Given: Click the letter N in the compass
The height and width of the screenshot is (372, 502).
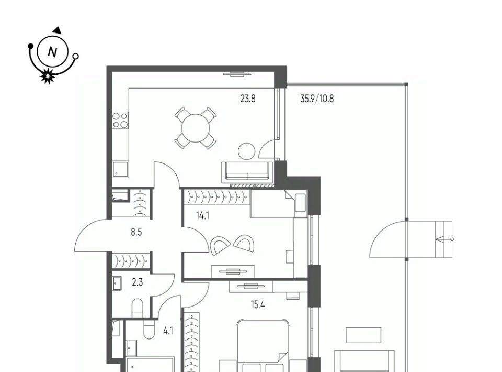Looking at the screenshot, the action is coord(52,52).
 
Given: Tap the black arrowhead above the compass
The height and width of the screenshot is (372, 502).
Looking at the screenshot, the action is coord(58,30).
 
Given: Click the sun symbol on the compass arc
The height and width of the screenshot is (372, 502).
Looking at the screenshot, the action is coord(48,76).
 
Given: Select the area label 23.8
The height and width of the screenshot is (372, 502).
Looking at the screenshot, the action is coord(248,99).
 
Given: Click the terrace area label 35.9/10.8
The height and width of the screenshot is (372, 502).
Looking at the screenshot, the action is coord(317,99).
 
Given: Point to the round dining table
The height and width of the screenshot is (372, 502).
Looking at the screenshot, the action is coord(195,128).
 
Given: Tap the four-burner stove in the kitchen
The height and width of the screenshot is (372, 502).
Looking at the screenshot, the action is coord(120,121).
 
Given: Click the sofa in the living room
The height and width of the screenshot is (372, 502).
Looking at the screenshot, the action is coord(247,172).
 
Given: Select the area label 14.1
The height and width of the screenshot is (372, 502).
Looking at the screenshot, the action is coord(203,215).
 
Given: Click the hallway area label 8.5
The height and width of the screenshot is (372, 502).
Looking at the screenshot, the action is coord(136,232).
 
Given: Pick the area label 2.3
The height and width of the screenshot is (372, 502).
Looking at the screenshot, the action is coord(138,283).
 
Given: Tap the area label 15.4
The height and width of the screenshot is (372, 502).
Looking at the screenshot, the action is coord(258,304).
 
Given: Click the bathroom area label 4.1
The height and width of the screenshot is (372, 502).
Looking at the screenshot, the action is coord(168,331).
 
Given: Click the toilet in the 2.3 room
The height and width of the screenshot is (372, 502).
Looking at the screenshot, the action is coord(138,308).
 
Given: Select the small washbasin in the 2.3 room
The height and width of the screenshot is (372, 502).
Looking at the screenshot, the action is coord(117,283).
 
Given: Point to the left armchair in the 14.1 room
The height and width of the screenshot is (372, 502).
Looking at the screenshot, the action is coord(220,245).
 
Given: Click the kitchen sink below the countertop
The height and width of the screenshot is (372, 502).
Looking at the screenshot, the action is coord(120,169).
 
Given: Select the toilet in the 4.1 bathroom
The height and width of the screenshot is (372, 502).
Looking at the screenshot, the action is coord(149,330).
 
